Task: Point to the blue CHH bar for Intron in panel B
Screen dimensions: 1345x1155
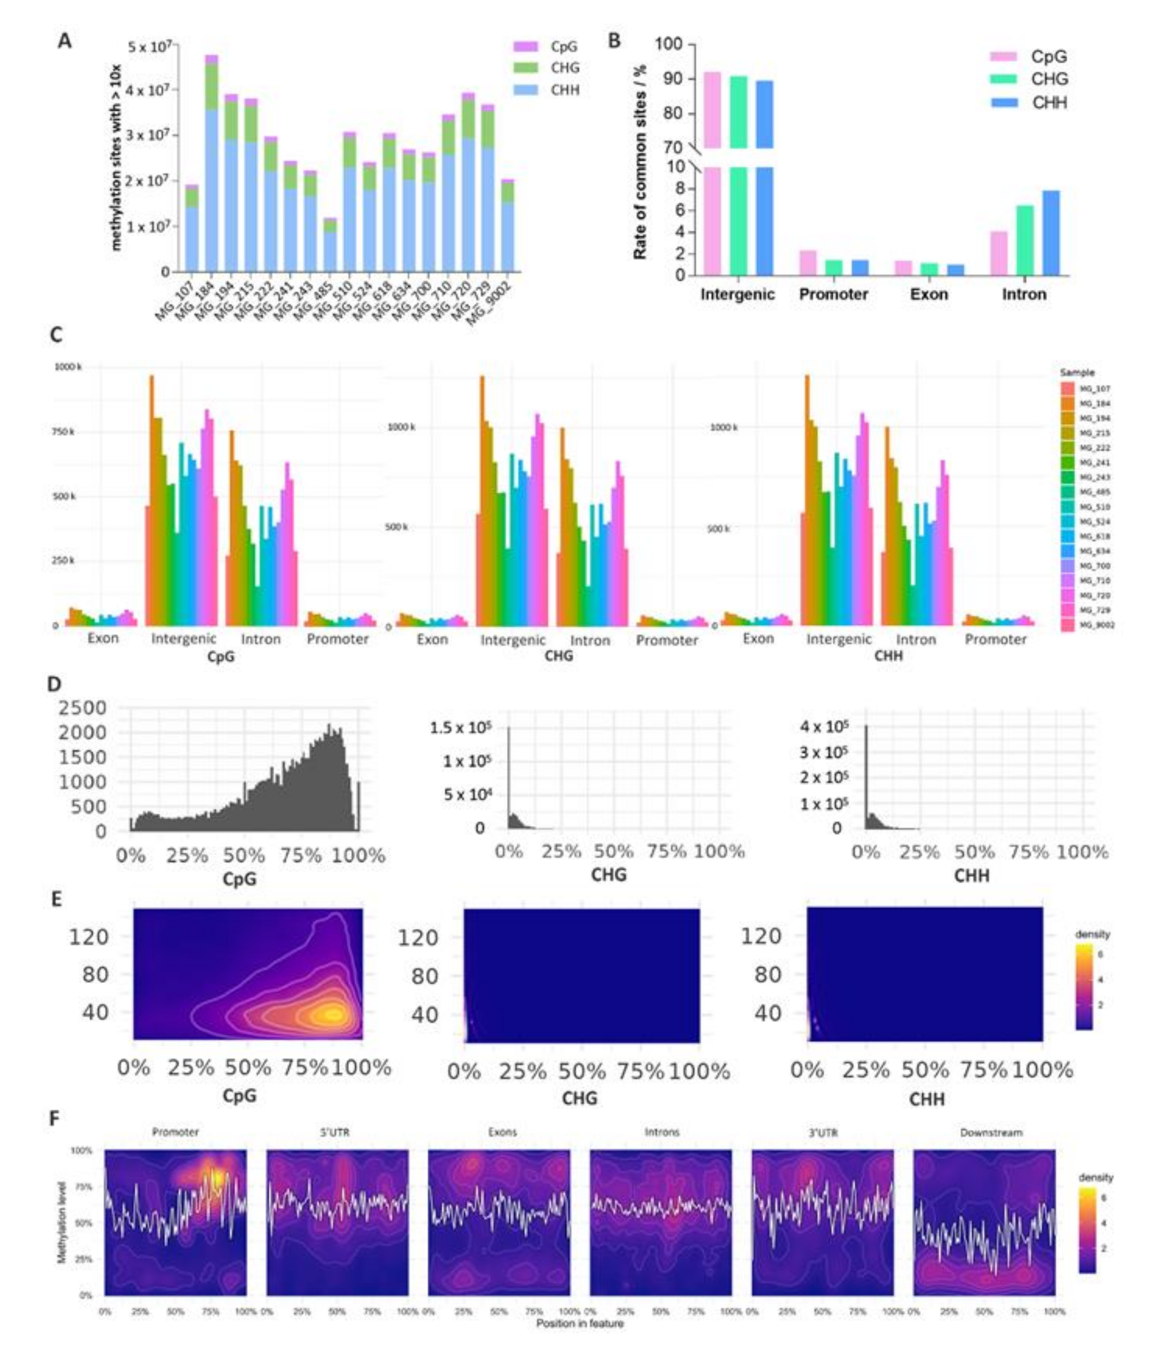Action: (x=1051, y=232)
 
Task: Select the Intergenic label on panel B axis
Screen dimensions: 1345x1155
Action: (x=737, y=295)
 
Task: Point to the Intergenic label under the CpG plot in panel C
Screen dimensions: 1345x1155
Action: (x=183, y=639)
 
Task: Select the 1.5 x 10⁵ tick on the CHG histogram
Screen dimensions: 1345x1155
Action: (x=459, y=728)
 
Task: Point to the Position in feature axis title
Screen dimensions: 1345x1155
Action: (x=579, y=1323)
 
